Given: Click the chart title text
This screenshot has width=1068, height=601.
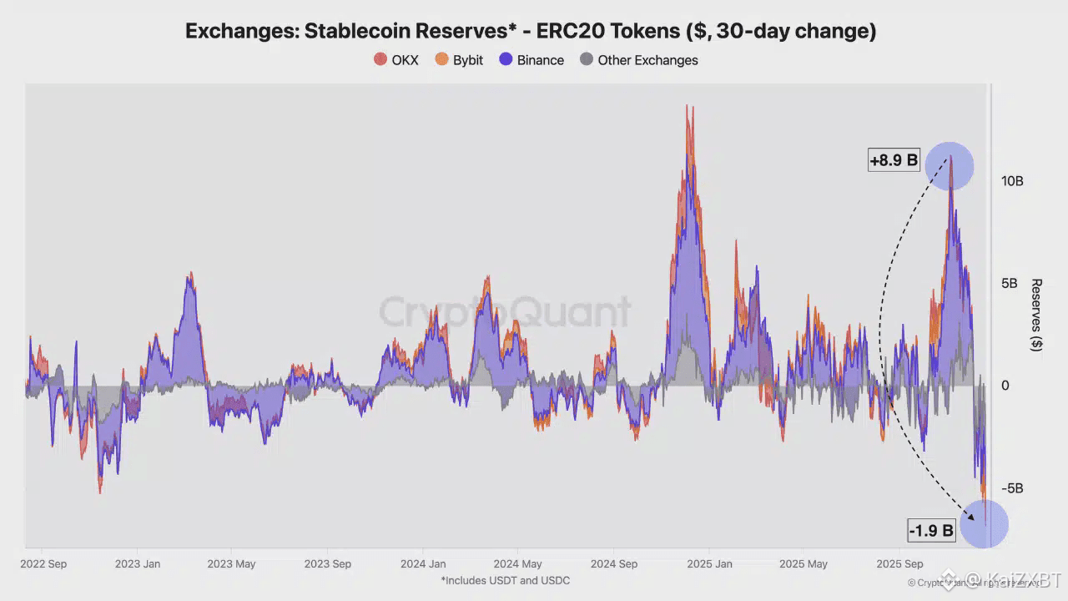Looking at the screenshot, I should click(530, 31).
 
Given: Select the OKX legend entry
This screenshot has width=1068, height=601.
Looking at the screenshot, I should click(396, 60).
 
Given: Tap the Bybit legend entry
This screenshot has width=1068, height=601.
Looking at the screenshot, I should click(459, 60).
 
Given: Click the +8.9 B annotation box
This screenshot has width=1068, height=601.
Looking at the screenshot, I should click(893, 160).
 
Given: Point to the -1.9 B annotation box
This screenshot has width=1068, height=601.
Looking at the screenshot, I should click(930, 530).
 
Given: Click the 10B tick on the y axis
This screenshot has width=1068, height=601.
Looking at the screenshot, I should click(1012, 181).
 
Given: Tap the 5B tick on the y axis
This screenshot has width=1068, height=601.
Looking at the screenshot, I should click(1010, 284).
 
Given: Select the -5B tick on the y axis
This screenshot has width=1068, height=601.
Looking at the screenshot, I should click(1010, 488).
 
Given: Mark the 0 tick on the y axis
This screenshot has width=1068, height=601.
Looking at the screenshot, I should click(1005, 386).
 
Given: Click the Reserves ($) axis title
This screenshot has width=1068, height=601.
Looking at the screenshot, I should click(1036, 315).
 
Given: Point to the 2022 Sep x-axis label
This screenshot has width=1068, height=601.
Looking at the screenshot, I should click(43, 564).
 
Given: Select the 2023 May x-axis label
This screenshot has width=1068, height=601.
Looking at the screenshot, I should click(231, 564).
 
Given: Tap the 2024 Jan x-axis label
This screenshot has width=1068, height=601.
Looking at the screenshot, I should click(423, 564).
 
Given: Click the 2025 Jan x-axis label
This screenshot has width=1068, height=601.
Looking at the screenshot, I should click(710, 564).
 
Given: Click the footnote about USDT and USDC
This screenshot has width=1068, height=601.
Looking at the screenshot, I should click(505, 580).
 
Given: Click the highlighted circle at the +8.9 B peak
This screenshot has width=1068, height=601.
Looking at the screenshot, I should click(949, 165).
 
